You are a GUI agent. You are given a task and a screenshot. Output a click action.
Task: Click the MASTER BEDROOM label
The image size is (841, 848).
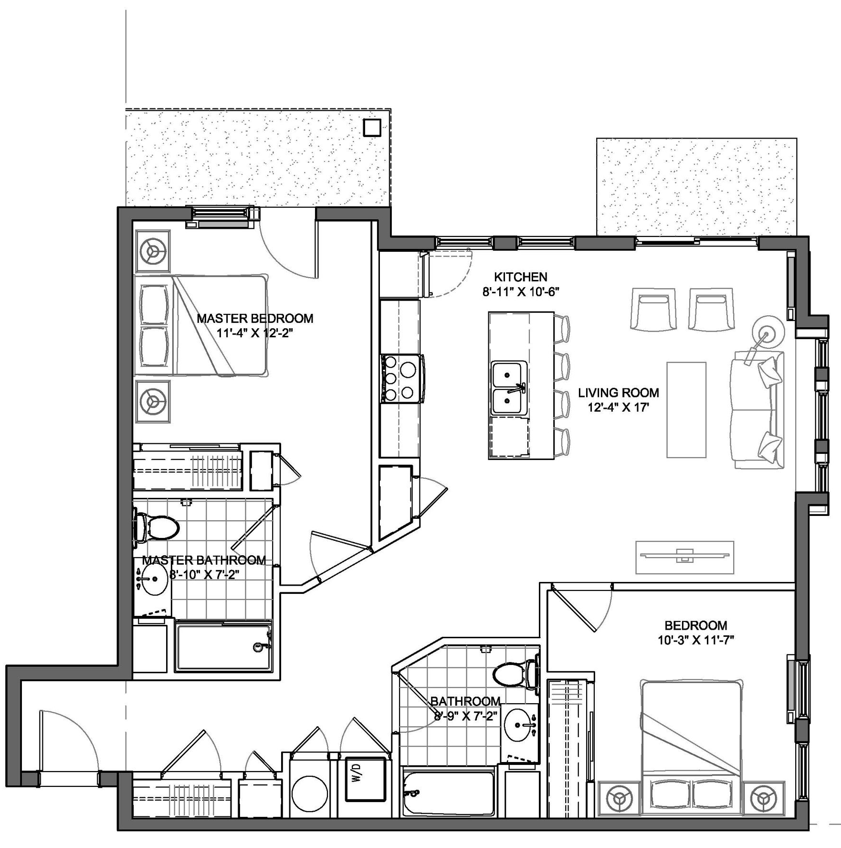[x=255, y=318]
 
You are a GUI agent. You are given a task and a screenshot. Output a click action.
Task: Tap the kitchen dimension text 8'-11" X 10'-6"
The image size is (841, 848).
[x=520, y=292]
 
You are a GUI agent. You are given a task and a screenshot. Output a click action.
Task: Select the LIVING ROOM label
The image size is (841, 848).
[x=618, y=393]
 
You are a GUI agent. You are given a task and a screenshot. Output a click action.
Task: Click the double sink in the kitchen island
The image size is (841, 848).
[x=509, y=388]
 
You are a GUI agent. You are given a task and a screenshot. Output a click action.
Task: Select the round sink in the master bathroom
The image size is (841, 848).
[x=155, y=580]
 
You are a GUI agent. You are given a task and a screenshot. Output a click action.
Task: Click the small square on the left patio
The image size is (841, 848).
[x=371, y=128]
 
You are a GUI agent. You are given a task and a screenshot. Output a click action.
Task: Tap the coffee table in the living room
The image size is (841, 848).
[x=686, y=409]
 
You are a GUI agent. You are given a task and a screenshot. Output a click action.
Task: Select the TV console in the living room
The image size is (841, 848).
[x=684, y=557]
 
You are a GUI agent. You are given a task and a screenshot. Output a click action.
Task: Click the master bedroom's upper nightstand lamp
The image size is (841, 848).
[x=153, y=252]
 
